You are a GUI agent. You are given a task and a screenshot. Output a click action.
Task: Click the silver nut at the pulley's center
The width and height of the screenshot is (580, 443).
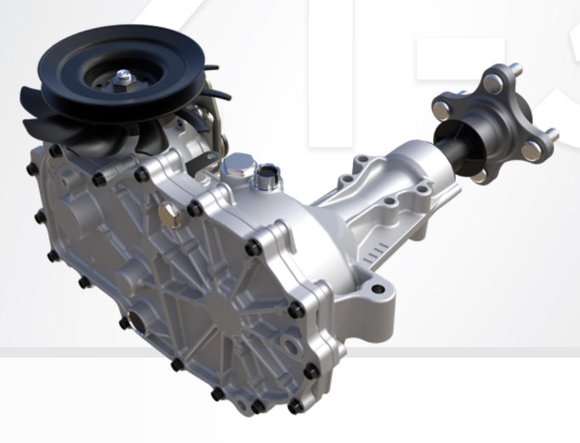coord(124,78)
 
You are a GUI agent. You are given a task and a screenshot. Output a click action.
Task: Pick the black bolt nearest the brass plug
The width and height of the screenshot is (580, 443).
coord(194,208)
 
